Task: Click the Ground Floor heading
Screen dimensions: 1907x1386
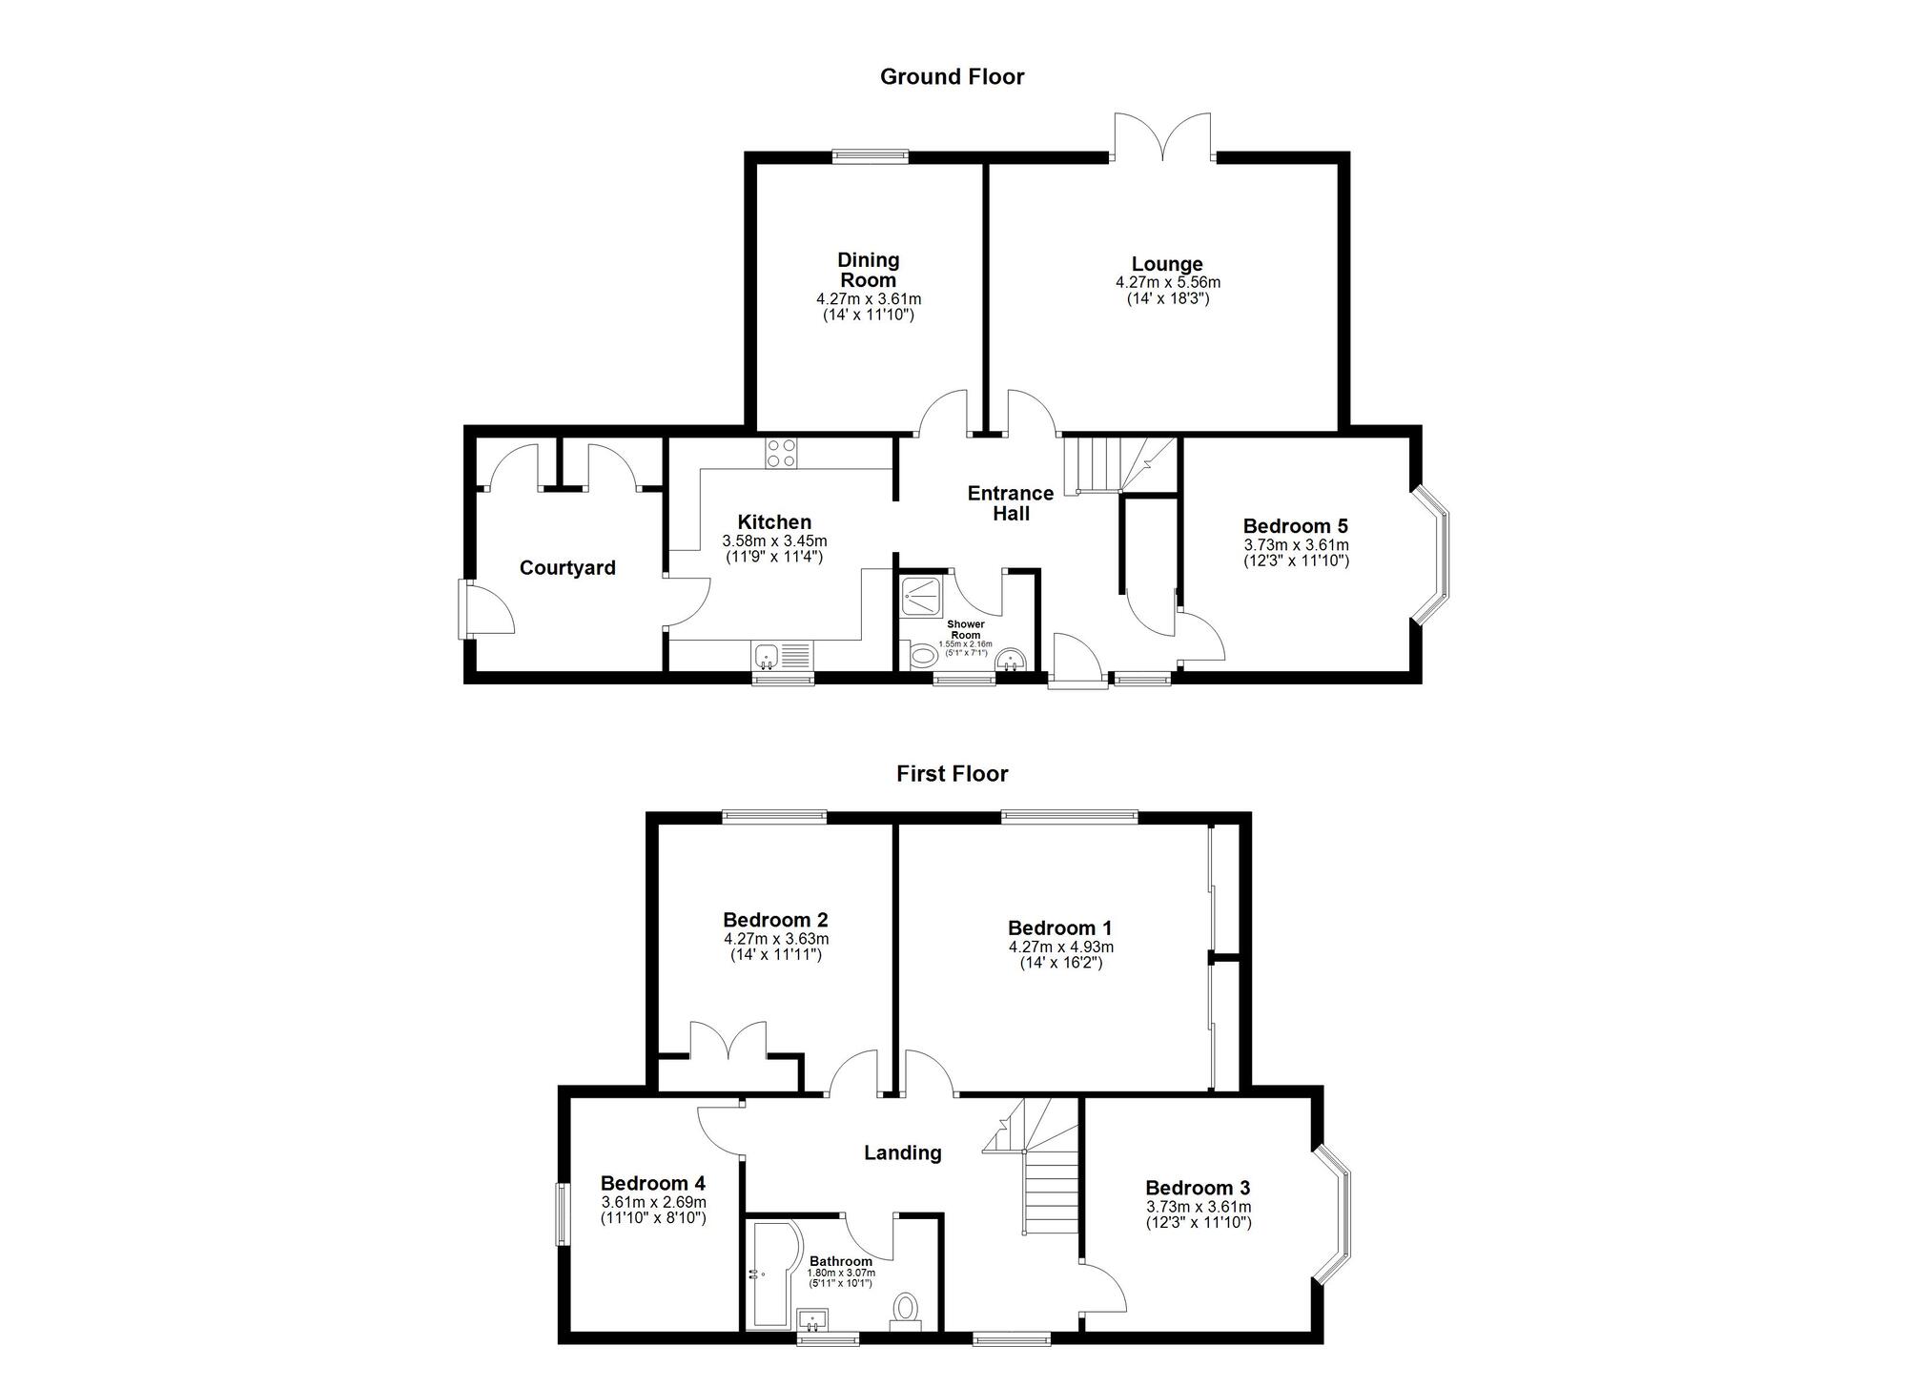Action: coord(952,77)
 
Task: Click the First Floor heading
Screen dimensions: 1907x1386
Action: coord(952,774)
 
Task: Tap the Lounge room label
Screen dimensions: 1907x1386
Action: coord(1167,264)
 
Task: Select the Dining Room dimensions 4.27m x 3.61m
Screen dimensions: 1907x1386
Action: coord(869,299)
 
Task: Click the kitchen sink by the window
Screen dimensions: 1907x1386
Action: coord(782,657)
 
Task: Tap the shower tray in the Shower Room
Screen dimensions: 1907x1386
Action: coord(923,596)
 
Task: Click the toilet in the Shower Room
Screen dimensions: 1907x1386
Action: coord(922,656)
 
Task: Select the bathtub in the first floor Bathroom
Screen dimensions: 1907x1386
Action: coord(773,1274)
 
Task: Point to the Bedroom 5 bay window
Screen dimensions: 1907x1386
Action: coord(1431,556)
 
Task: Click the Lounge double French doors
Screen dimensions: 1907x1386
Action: coord(1163,136)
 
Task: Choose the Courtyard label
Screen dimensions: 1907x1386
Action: coord(567,568)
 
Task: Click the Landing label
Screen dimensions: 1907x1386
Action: coord(902,1153)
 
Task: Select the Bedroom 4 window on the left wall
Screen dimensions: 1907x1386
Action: coord(564,1214)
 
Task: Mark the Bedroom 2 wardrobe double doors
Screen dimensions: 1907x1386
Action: coord(728,1041)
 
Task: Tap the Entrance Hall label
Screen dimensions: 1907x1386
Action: coord(1011,503)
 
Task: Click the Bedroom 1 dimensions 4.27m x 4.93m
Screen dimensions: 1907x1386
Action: coord(1060,948)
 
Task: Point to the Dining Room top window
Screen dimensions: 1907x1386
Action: coord(870,157)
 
